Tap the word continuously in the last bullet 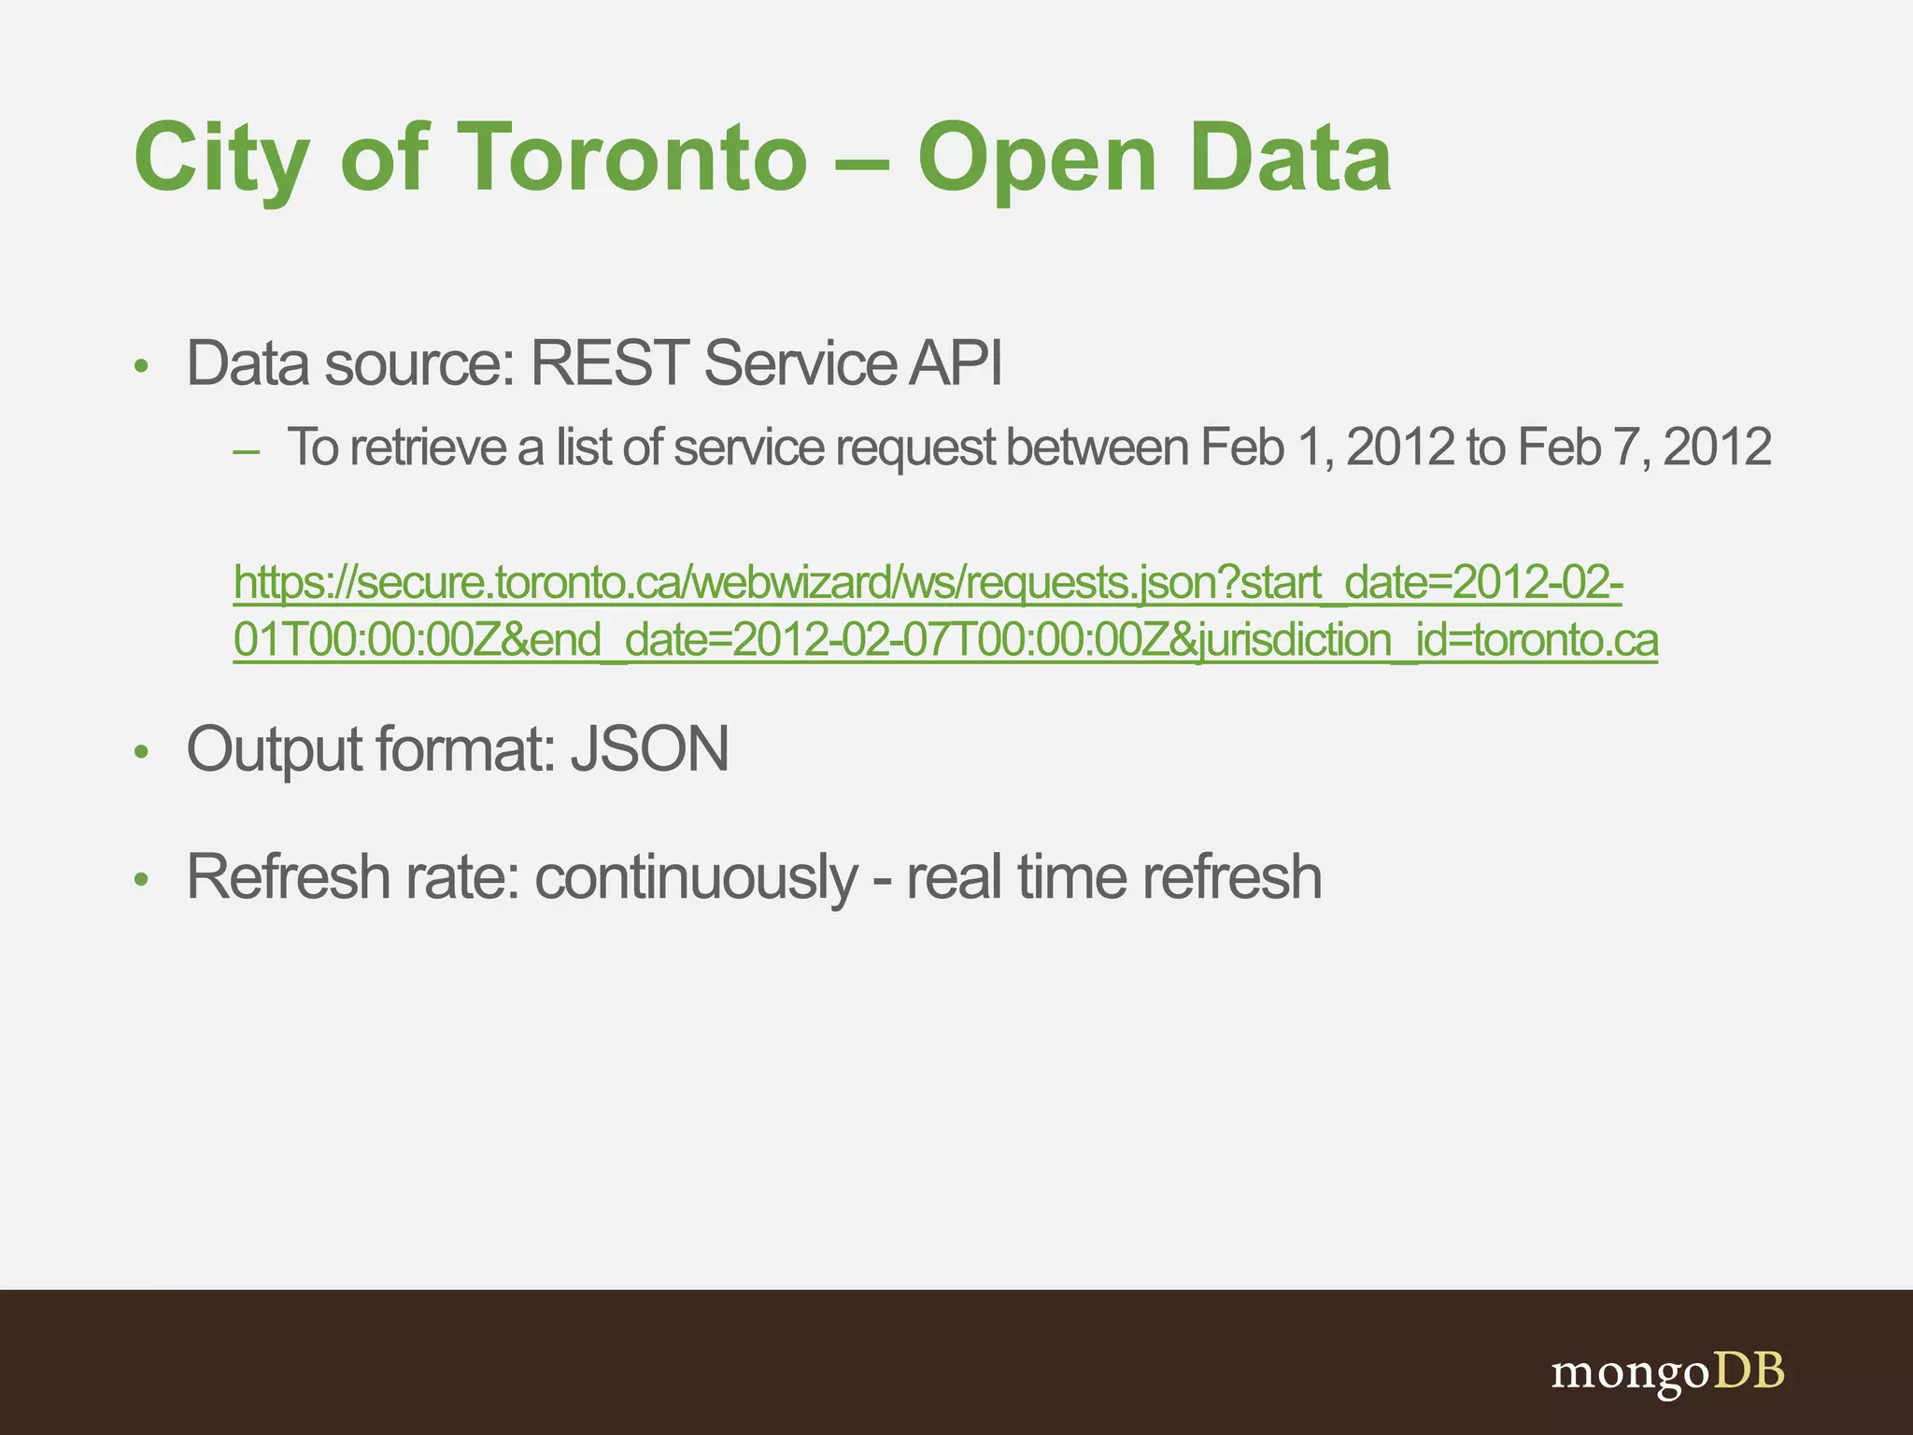click(x=695, y=878)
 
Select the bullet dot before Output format click(x=141, y=751)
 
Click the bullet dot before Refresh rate click(x=141, y=879)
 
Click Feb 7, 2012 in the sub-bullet click(x=1644, y=447)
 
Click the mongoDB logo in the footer click(x=1667, y=1372)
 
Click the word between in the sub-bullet click(x=1098, y=447)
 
